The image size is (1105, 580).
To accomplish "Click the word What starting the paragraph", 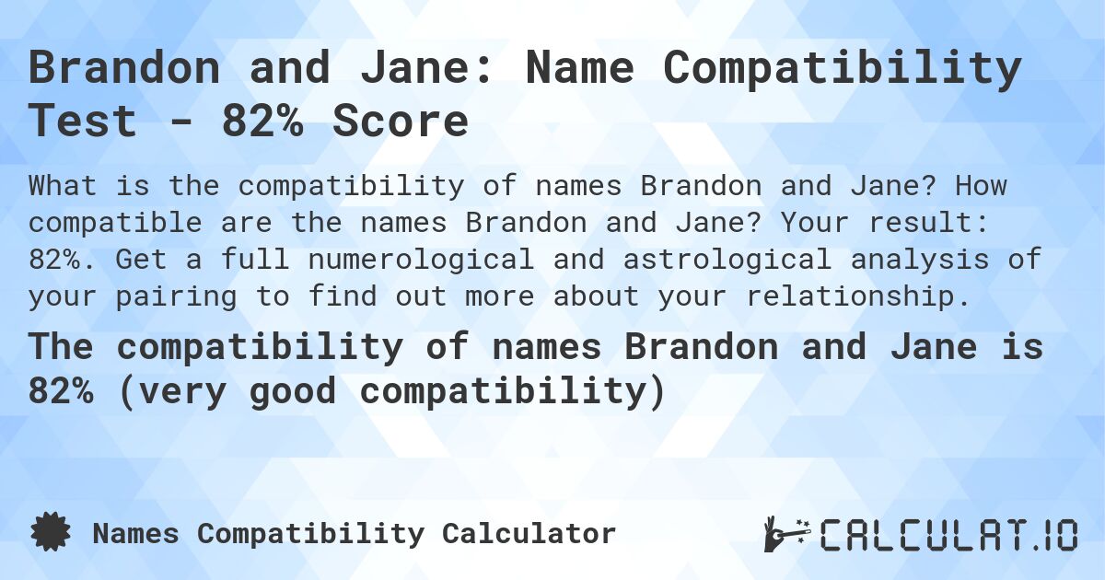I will [x=64, y=186].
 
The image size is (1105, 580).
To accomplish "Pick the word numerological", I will [x=423, y=260].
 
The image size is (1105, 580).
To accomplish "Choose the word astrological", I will [x=715, y=260].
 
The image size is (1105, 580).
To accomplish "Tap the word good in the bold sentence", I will [x=299, y=391].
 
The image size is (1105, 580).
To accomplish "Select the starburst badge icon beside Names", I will [x=51, y=533].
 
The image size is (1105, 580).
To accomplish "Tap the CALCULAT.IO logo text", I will [x=948, y=534].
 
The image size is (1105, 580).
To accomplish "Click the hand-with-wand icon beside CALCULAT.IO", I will [x=785, y=534].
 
